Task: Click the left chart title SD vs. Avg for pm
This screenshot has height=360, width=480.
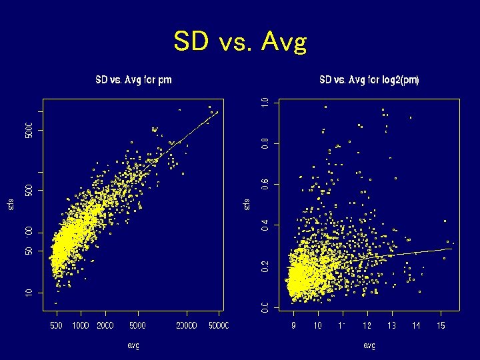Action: pyautogui.click(x=133, y=80)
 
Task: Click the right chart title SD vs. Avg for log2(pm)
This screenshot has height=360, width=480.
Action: pyautogui.click(x=369, y=80)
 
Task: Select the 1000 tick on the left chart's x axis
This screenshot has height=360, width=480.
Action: pyautogui.click(x=81, y=325)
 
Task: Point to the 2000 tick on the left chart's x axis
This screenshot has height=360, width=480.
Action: pyautogui.click(x=105, y=325)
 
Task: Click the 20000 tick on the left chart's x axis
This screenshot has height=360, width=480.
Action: pyautogui.click(x=187, y=325)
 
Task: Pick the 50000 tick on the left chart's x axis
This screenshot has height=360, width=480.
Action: pyautogui.click(x=218, y=325)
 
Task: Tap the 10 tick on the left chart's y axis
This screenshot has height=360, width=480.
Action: pyautogui.click(x=29, y=293)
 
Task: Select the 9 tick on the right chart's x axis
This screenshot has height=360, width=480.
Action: pyautogui.click(x=294, y=325)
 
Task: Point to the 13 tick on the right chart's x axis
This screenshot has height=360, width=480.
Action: pyautogui.click(x=392, y=325)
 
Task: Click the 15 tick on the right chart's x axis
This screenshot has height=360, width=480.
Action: pyautogui.click(x=441, y=325)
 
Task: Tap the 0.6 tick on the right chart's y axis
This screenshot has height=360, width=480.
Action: pyautogui.click(x=265, y=184)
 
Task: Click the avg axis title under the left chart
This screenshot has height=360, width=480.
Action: pyautogui.click(x=133, y=345)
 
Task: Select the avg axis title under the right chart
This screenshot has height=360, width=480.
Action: pyautogui.click(x=369, y=345)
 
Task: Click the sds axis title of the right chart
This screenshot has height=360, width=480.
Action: pyautogui.click(x=247, y=203)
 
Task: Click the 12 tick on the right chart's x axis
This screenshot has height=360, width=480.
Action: pyautogui.click(x=367, y=325)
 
